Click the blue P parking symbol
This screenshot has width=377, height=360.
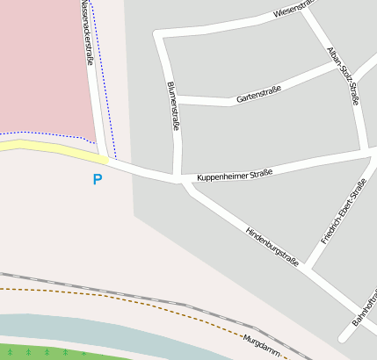tap(97, 180)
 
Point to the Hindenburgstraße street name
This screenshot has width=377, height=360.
tap(272, 247)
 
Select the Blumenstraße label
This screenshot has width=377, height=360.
tap(173, 107)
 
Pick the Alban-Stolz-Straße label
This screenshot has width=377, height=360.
tap(343, 76)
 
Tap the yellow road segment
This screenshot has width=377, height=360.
tap(53, 149)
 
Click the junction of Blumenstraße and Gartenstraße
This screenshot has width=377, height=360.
tap(176, 99)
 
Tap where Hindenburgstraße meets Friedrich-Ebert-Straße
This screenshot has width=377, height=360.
tap(311, 268)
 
